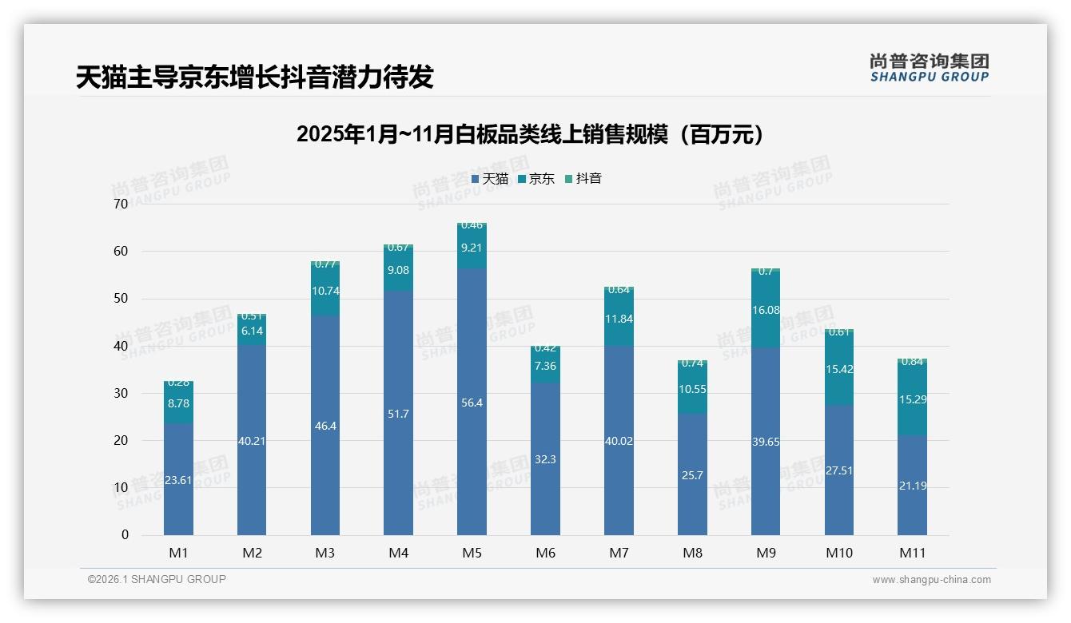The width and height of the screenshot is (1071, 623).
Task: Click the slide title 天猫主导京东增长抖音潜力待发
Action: pyautogui.click(x=254, y=77)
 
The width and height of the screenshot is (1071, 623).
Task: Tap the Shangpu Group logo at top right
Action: pyautogui.click(x=929, y=68)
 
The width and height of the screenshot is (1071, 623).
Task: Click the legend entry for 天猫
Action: pyautogui.click(x=490, y=179)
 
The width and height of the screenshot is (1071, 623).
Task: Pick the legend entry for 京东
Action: pyautogui.click(x=536, y=179)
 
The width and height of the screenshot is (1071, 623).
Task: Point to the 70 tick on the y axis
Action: pyautogui.click(x=121, y=204)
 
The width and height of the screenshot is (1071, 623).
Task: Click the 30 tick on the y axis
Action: pyautogui.click(x=121, y=394)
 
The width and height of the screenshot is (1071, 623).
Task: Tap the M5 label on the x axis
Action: pyautogui.click(x=472, y=553)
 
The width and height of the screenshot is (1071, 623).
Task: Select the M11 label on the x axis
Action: pyautogui.click(x=912, y=553)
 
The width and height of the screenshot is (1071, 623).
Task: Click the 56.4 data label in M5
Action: pyautogui.click(x=472, y=403)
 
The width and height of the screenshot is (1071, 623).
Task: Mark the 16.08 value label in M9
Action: pyautogui.click(x=766, y=310)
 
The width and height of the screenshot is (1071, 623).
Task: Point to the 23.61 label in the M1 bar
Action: pyautogui.click(x=178, y=481)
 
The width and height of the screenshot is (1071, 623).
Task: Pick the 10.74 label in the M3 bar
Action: pyautogui.click(x=325, y=292)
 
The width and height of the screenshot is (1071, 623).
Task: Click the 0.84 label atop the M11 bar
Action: pyautogui.click(x=912, y=362)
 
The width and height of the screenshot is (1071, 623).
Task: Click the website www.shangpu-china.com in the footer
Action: pyautogui.click(x=931, y=580)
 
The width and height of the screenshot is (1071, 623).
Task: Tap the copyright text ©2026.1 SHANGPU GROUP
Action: pyautogui.click(x=157, y=579)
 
